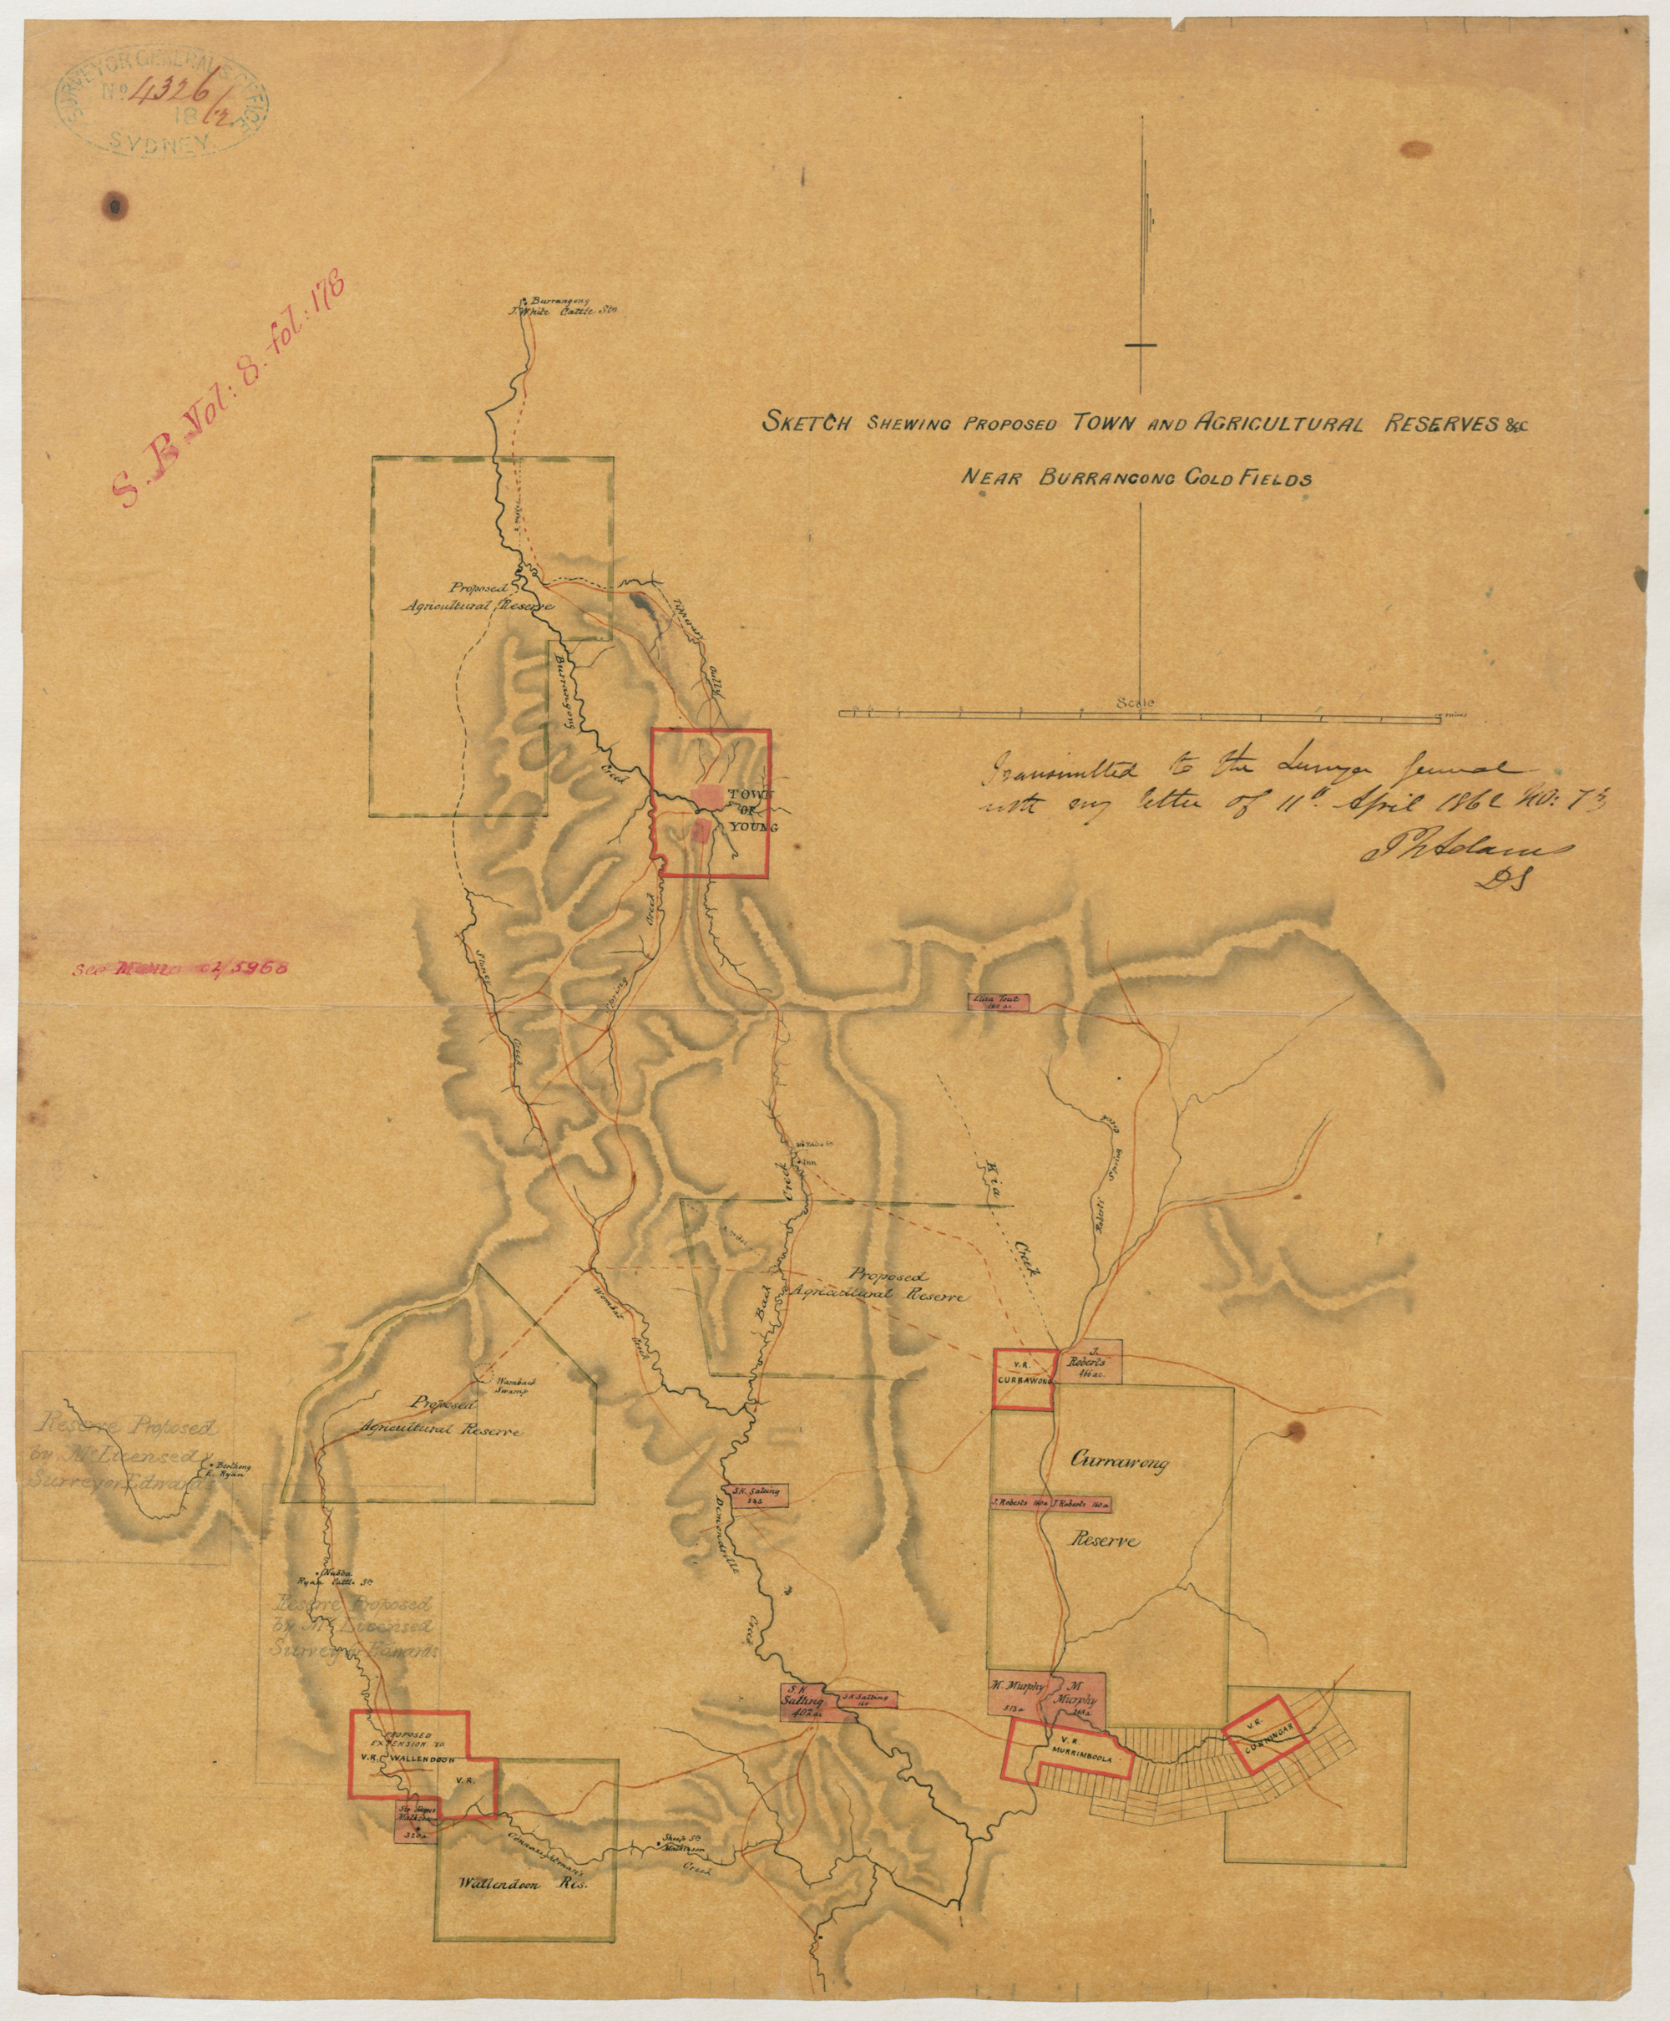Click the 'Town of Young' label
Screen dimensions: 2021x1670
pos(751,810)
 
